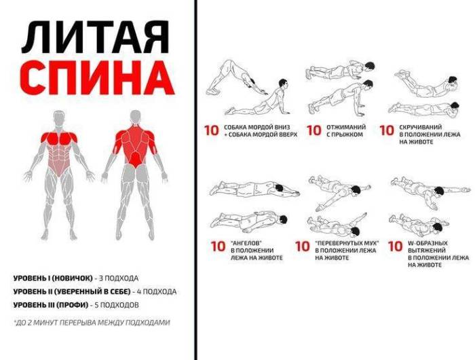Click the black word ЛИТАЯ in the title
coord(95,37)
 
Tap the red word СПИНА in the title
coord(99,78)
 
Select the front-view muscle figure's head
coord(59,118)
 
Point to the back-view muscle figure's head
coord(136,118)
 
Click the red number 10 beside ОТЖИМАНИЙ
coord(313,130)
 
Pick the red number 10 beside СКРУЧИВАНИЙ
coord(387,130)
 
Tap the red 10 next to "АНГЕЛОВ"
coord(218,247)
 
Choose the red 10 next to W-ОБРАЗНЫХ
coord(396,247)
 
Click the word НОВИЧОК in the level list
coord(72,278)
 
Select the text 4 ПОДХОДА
coord(157,291)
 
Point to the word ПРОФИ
coord(73,305)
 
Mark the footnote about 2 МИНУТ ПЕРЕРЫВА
coord(92,323)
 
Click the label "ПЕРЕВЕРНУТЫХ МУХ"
coord(347,243)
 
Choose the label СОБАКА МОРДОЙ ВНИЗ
coord(257,127)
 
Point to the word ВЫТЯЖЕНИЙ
coord(427,251)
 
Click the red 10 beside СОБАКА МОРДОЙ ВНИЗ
coord(212,130)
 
